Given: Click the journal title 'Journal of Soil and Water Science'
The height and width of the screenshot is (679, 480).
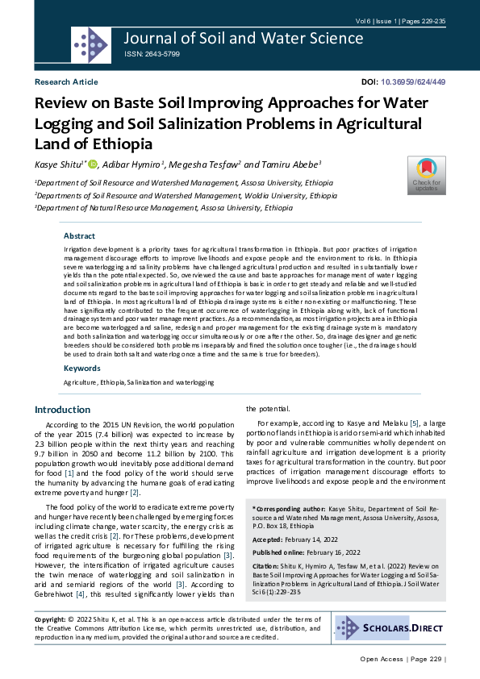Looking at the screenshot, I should pos(244,38).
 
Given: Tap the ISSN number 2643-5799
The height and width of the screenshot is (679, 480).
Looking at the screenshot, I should pos(152,54).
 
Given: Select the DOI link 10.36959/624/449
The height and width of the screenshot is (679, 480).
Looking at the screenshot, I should pos(413,82).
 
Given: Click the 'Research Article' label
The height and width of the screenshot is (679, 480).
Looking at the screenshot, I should pos(66,82).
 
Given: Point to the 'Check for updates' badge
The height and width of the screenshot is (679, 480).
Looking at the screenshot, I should pos(426,173).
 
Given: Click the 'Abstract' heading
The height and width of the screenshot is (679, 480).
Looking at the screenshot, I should pos(80,236).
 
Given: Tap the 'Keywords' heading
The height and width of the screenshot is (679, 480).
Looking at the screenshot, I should pos(82,368).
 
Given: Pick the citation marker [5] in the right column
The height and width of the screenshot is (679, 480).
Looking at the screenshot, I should pos(414,423).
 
